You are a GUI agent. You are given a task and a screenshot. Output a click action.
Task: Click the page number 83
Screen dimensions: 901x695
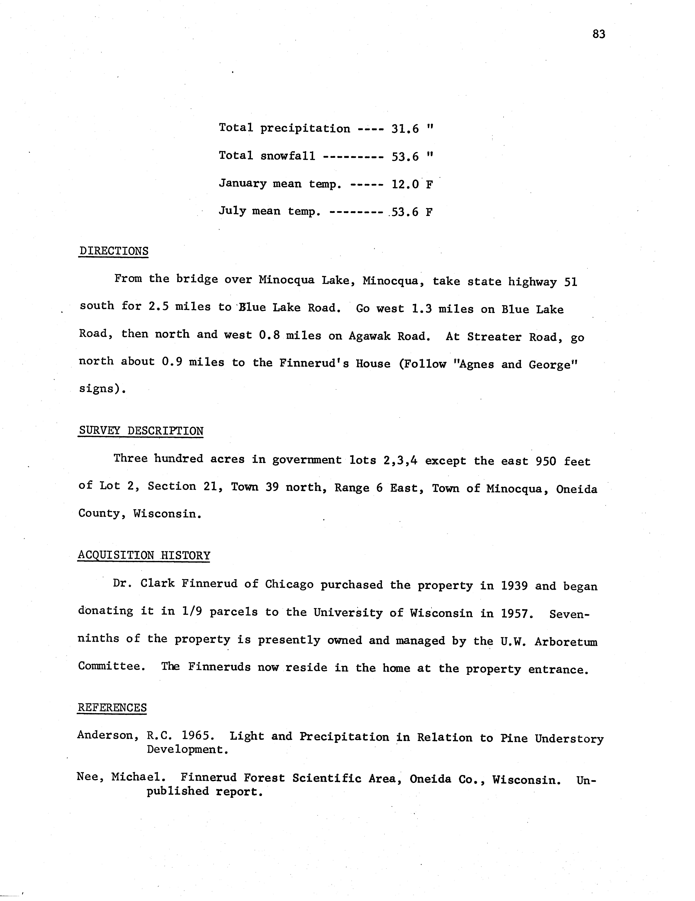click(599, 34)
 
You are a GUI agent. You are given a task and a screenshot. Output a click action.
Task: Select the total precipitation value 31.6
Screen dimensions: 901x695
click(405, 129)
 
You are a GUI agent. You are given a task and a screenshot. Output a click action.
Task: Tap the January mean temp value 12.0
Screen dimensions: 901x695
click(405, 184)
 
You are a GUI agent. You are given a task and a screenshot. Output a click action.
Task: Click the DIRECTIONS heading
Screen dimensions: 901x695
click(114, 251)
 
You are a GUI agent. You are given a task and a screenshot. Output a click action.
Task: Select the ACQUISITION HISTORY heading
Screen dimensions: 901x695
click(144, 555)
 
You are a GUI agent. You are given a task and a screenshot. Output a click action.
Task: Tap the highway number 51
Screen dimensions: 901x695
click(570, 282)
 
